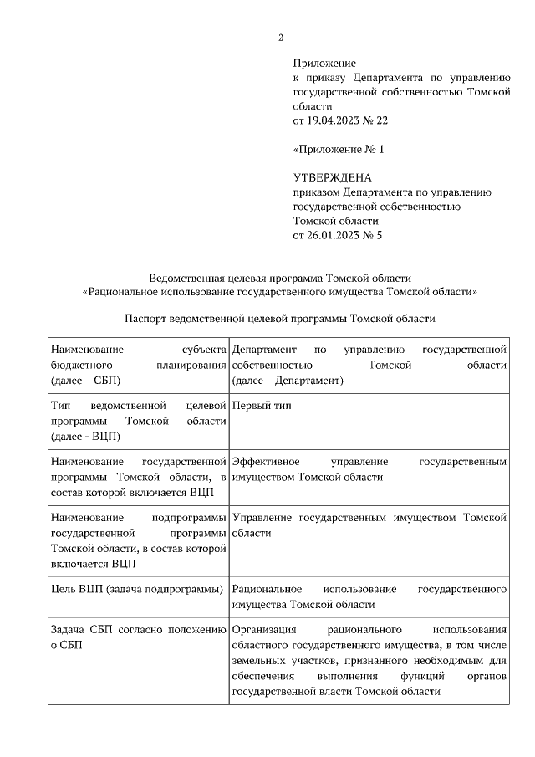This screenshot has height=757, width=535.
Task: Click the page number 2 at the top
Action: (281, 37)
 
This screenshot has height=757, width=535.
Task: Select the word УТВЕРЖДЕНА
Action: (332, 178)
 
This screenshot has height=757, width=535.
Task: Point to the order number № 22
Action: (376, 120)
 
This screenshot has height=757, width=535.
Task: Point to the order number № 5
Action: (373, 236)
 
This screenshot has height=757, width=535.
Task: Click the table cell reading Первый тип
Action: (262, 406)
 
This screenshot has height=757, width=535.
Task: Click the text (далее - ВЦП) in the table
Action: (85, 436)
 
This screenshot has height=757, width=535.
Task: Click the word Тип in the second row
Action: (60, 406)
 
